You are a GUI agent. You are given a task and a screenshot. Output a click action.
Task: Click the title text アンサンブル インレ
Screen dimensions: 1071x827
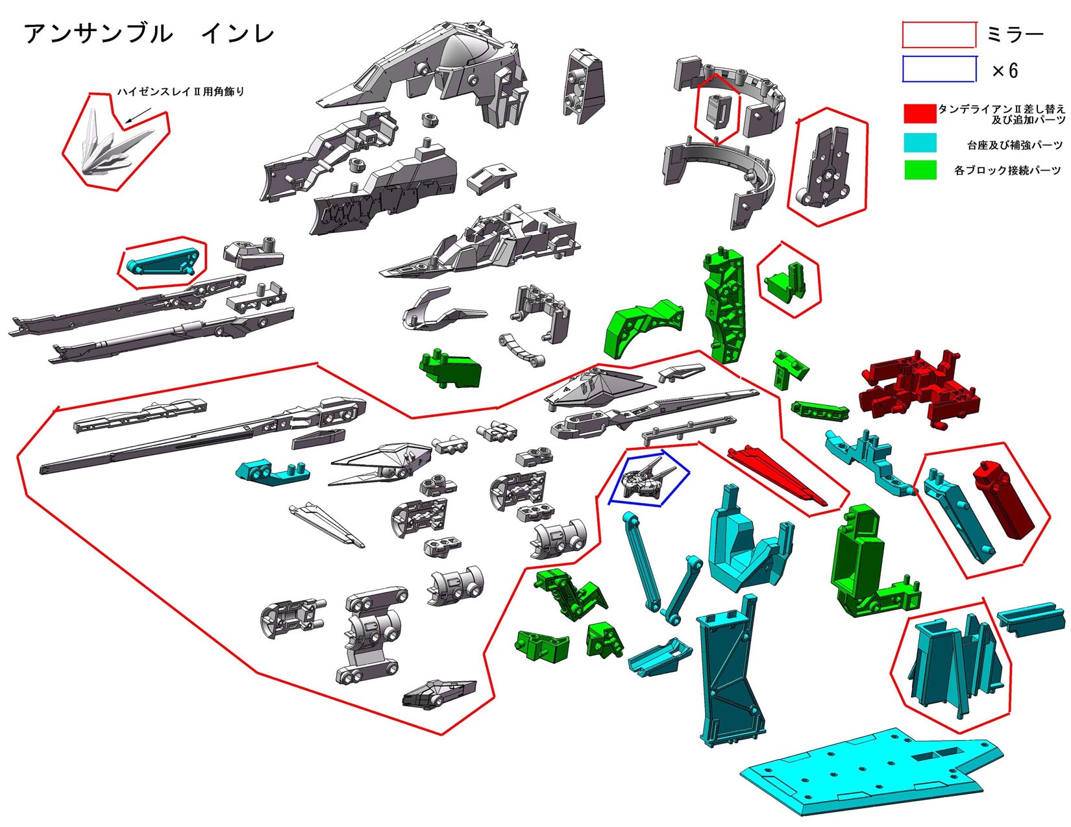pyautogui.click(x=149, y=34)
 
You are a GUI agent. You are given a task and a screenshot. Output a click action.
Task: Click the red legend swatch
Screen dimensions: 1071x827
pyautogui.click(x=920, y=113)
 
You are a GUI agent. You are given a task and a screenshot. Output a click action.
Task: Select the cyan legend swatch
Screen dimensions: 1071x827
pyautogui.click(x=920, y=142)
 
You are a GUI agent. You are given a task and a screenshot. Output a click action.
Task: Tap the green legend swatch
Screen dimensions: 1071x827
pyautogui.click(x=920, y=170)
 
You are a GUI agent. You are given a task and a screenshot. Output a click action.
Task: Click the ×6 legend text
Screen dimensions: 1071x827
pyautogui.click(x=1004, y=71)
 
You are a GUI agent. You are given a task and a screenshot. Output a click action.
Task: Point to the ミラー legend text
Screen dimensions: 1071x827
pyautogui.click(x=1015, y=34)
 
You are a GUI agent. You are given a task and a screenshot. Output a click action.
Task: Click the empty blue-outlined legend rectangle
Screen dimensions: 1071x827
pyautogui.click(x=939, y=69)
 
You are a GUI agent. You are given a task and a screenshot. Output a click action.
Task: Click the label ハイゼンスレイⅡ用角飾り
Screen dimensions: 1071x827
pyautogui.click(x=181, y=92)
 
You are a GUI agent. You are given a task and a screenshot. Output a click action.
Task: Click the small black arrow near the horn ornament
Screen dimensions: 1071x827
pyautogui.click(x=138, y=115)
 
